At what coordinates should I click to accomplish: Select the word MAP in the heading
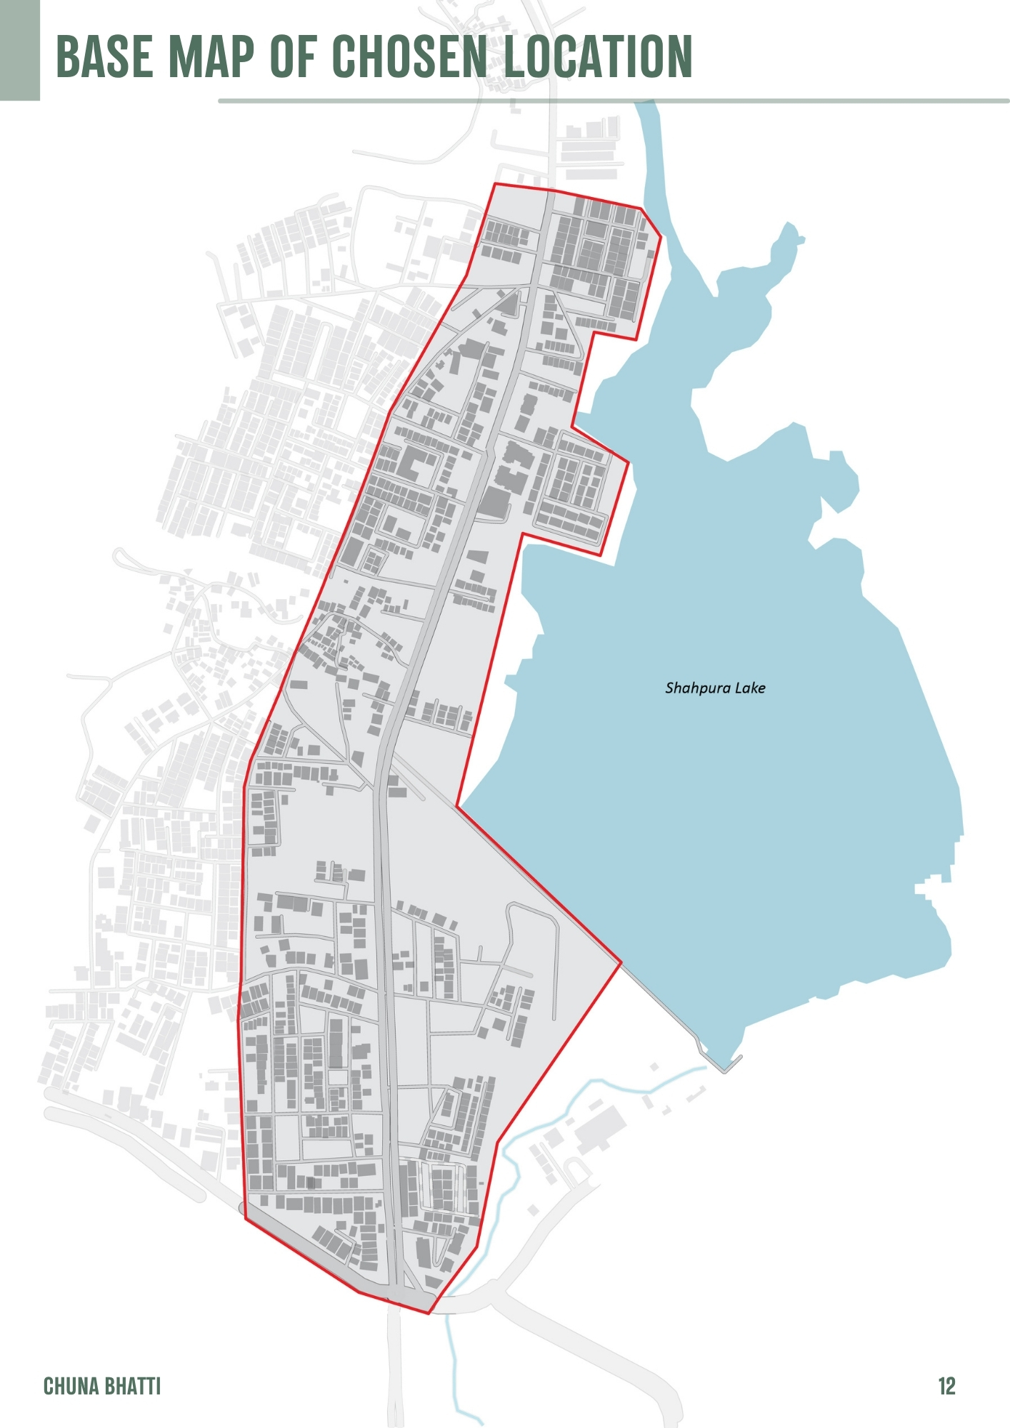click(211, 56)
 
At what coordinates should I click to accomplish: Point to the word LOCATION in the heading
click(599, 56)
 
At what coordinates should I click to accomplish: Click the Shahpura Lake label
click(715, 688)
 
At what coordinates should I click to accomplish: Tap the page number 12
click(946, 1386)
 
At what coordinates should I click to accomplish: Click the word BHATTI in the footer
click(132, 1386)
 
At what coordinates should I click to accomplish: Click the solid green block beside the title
click(19, 50)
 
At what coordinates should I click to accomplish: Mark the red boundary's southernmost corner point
click(429, 1313)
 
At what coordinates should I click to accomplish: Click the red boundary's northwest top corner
click(494, 184)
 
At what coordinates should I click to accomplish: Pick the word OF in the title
click(293, 56)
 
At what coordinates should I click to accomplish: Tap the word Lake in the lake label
click(750, 688)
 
